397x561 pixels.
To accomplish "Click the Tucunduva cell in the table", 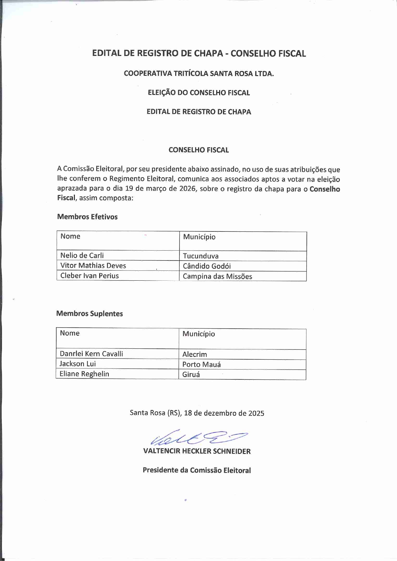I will pos(201,256).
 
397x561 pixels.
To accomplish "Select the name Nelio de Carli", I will pos(82,255).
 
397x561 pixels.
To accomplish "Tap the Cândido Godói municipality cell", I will pos(207,266).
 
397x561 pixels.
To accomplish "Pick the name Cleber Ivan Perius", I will pos(89,276).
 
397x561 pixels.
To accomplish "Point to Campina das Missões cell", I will pos(217,277).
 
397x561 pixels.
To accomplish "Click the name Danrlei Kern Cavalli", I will pos(91,354).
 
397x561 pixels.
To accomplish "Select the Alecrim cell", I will pos(195,355).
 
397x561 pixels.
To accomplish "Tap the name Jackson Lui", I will pos(77,364).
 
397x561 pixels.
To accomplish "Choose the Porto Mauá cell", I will pos(201,365).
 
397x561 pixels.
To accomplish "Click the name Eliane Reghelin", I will pos(84,374).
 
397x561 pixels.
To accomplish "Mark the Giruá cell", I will pos(191,375).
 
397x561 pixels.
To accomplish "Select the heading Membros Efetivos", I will pos(87,217).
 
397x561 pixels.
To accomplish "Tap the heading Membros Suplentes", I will pos(90,314).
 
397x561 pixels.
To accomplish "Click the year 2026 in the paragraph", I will pos(187,189).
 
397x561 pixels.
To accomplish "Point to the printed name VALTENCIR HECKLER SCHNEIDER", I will pos(197,451).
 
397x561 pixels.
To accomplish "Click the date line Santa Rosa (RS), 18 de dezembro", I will pos(197,413).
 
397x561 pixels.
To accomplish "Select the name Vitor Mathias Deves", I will pos(93,266).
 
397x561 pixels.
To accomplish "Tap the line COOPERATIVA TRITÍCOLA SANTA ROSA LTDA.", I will pos(199,74).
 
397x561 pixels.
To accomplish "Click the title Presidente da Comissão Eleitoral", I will pos(197,470).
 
